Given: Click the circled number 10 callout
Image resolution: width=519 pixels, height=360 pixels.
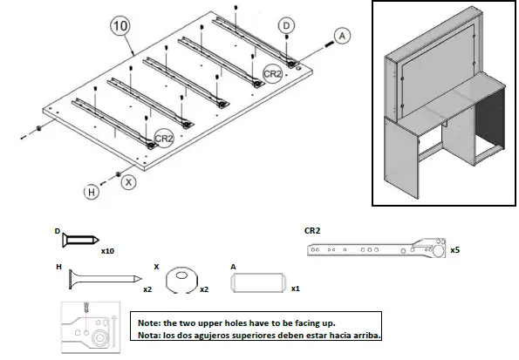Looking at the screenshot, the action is (x=120, y=25).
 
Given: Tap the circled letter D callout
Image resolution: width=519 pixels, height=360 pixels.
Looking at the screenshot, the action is (x=286, y=25).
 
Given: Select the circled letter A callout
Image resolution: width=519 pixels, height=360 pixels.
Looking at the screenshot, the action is (x=342, y=36).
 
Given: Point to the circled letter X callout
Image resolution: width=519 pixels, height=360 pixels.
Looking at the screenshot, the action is (x=128, y=181).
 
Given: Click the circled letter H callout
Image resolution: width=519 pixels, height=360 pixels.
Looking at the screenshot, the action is (x=92, y=192).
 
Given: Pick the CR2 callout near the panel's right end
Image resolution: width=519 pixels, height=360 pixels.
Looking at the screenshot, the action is (x=272, y=73).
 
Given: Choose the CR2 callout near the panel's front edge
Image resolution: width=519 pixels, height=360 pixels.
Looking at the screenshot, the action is (x=164, y=139).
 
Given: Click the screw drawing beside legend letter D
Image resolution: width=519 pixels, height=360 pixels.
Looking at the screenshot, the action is (x=80, y=239).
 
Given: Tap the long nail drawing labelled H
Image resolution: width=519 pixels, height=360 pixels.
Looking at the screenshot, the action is (x=106, y=279).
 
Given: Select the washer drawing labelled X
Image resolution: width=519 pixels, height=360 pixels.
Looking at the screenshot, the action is (x=181, y=281).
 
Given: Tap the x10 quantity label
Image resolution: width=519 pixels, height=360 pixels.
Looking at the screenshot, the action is (x=107, y=251).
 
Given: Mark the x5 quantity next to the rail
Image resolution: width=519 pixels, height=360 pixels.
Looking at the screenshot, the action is (x=455, y=250).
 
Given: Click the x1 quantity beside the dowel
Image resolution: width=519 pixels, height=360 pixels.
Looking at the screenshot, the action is (x=295, y=289).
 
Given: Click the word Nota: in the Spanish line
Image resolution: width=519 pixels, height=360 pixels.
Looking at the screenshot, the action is (x=149, y=336).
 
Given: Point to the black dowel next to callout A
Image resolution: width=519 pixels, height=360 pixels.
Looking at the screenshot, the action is (x=330, y=44).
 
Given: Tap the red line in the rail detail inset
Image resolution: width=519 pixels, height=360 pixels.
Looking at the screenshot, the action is (x=86, y=322).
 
